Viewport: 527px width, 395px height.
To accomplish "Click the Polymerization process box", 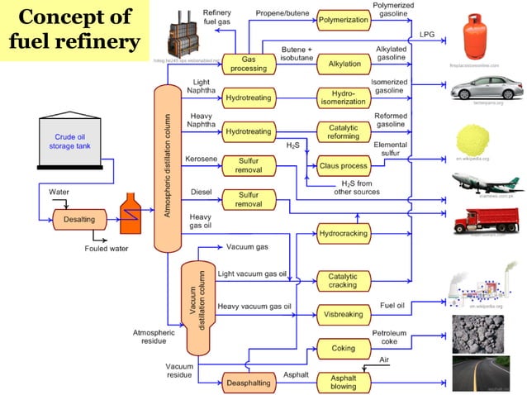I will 343,18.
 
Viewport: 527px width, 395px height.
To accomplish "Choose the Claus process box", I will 343,166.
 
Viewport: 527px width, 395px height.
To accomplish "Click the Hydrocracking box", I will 343,234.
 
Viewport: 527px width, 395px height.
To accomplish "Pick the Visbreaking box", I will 343,314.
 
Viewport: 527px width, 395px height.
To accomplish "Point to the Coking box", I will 343,348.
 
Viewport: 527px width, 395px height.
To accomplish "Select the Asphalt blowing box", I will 343,381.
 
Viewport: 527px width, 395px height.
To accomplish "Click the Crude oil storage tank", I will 76,141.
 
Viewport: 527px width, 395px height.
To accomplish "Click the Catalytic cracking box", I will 343,280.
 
